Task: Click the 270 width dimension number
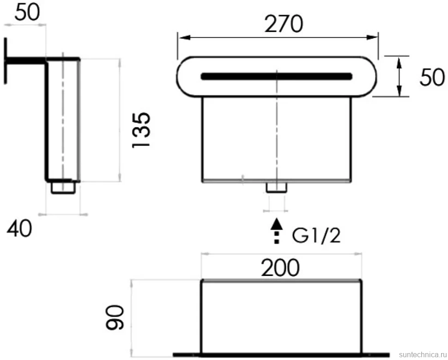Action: (x=284, y=24)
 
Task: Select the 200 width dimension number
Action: (x=280, y=268)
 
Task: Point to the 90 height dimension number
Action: (x=115, y=317)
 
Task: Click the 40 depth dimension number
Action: (x=19, y=229)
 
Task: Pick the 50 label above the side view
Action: (x=27, y=12)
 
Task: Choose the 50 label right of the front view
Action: (x=432, y=77)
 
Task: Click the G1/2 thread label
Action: (x=316, y=236)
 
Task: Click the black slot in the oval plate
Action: (x=276, y=76)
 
